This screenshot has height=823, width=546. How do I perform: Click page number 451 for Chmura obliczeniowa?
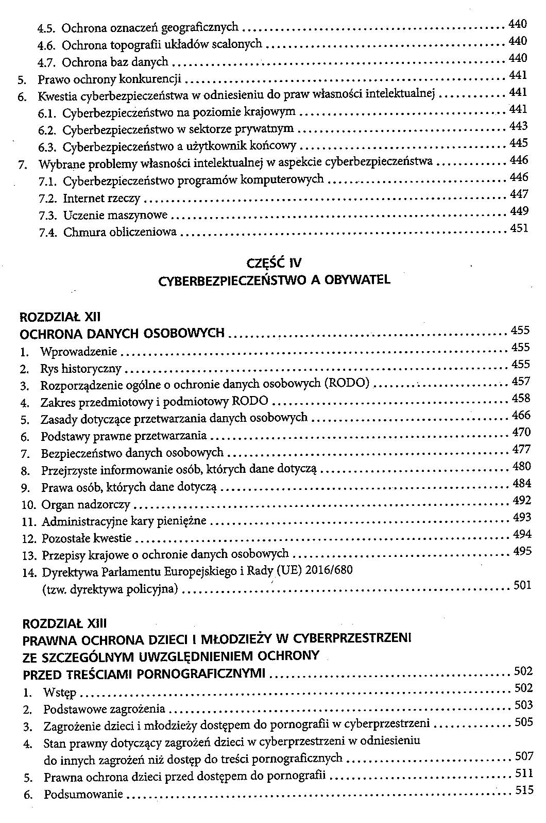tap(519, 228)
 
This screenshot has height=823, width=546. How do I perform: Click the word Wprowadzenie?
tap(79, 352)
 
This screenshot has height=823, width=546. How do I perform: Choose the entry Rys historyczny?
tap(81, 369)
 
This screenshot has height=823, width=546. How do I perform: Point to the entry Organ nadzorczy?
tap(86, 504)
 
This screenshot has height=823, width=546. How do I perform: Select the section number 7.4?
tap(47, 233)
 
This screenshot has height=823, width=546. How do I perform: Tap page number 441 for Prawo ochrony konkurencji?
tap(518, 76)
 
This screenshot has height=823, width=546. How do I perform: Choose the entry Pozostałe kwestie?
tap(87, 538)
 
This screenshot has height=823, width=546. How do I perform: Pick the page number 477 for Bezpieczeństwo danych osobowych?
tap(522, 450)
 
